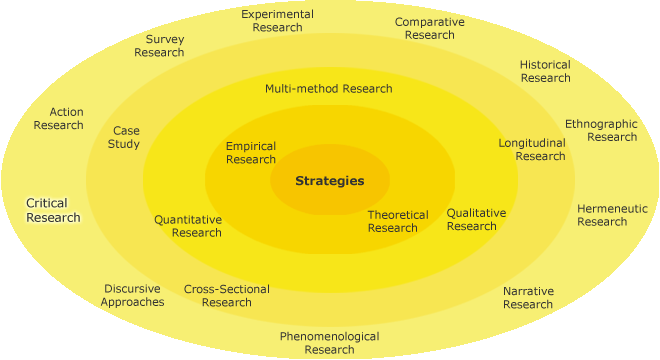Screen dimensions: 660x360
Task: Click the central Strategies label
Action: click(329, 181)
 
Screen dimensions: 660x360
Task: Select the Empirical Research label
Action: click(251, 153)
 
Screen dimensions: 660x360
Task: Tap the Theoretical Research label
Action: click(397, 221)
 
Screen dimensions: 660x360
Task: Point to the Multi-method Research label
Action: click(329, 88)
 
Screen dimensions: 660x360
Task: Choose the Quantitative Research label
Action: click(188, 226)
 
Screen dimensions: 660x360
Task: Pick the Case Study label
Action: click(125, 137)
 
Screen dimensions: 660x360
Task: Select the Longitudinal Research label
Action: click(532, 149)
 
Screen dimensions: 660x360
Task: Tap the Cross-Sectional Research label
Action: click(227, 296)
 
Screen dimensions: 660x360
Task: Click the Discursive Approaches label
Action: click(132, 296)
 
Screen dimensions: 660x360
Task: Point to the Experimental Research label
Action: click(277, 21)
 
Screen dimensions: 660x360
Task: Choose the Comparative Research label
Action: click(429, 28)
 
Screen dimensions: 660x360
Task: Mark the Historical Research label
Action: click(545, 71)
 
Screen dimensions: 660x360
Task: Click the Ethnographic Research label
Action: click(601, 130)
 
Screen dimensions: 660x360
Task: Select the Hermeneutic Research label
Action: click(612, 215)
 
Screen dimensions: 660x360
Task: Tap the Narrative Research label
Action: click(528, 297)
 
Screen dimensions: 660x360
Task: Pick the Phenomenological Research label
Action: click(329, 343)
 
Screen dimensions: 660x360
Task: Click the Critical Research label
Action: click(53, 210)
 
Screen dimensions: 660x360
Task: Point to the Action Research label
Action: click(59, 118)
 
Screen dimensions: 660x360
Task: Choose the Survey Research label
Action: click(159, 46)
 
